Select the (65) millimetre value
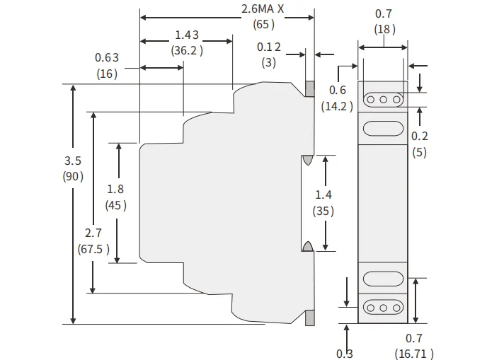264,24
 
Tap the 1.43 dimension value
186,35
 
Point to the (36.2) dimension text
187,50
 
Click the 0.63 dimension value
106,57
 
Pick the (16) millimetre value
107,73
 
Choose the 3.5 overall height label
73,161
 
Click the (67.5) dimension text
93,248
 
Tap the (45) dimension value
115,205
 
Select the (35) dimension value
323,211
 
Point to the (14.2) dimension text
337,106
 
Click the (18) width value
384,29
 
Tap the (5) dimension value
419,151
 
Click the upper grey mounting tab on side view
309,89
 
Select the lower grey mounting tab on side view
309,318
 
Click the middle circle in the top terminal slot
383,100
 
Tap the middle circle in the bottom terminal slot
383,308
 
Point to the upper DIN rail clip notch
307,160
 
